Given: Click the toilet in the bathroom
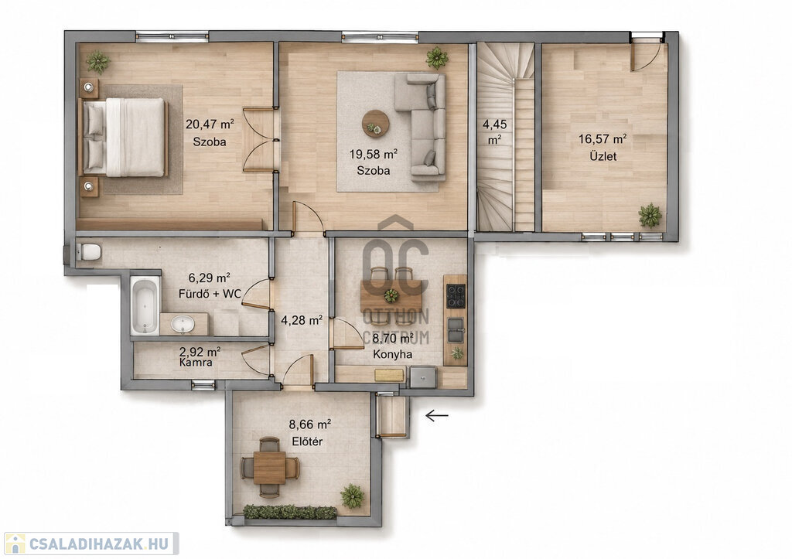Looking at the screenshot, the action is pyautogui.click(x=89, y=251).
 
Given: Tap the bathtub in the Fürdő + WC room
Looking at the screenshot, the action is pyautogui.click(x=145, y=306).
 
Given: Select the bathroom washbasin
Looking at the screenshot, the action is pyautogui.click(x=183, y=324).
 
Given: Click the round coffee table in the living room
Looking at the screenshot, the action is pyautogui.click(x=376, y=124).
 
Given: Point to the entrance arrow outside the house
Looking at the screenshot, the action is pyautogui.click(x=437, y=416).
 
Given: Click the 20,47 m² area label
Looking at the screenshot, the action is pyautogui.click(x=210, y=124).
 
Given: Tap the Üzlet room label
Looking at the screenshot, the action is pyautogui.click(x=603, y=156).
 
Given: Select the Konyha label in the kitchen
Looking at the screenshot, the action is pyautogui.click(x=392, y=354).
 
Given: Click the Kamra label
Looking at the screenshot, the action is pyautogui.click(x=196, y=363).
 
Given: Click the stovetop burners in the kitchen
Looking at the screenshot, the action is pyautogui.click(x=455, y=296).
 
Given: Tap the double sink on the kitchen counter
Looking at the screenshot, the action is pyautogui.click(x=455, y=329).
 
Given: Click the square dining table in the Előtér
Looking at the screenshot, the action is pyautogui.click(x=270, y=468).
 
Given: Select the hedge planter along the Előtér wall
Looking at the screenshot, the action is pyautogui.click(x=290, y=512).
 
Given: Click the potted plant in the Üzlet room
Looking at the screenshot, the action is pyautogui.click(x=650, y=216).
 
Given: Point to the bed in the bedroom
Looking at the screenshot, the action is pyautogui.click(x=123, y=137).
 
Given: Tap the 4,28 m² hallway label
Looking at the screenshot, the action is pyautogui.click(x=302, y=319).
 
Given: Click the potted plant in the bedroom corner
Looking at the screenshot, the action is pyautogui.click(x=97, y=62).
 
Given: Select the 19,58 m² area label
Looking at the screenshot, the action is pyautogui.click(x=374, y=154).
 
